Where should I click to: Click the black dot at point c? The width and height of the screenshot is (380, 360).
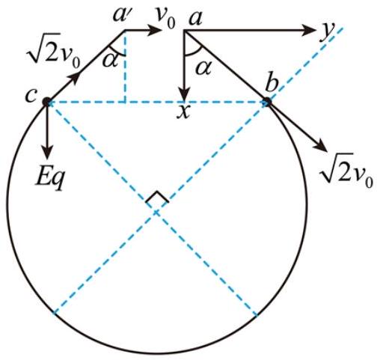(46, 102)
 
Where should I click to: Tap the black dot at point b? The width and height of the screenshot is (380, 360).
(267, 102)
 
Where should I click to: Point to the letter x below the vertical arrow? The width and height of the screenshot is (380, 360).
(183, 112)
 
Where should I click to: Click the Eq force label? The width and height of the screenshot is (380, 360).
(49, 179)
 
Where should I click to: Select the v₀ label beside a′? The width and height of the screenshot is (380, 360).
(166, 19)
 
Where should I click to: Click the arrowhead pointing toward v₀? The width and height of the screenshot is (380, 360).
(154, 30)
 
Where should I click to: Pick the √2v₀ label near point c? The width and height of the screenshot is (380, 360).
(52, 51)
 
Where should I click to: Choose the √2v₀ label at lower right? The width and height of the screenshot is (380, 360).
(346, 171)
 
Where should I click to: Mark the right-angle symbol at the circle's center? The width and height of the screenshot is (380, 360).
(157, 197)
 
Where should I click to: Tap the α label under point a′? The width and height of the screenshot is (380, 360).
(110, 60)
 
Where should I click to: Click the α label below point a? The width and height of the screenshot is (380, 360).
(203, 67)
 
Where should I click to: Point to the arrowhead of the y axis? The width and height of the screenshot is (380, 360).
(309, 30)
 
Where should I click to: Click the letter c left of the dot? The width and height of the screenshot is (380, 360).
(31, 96)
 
